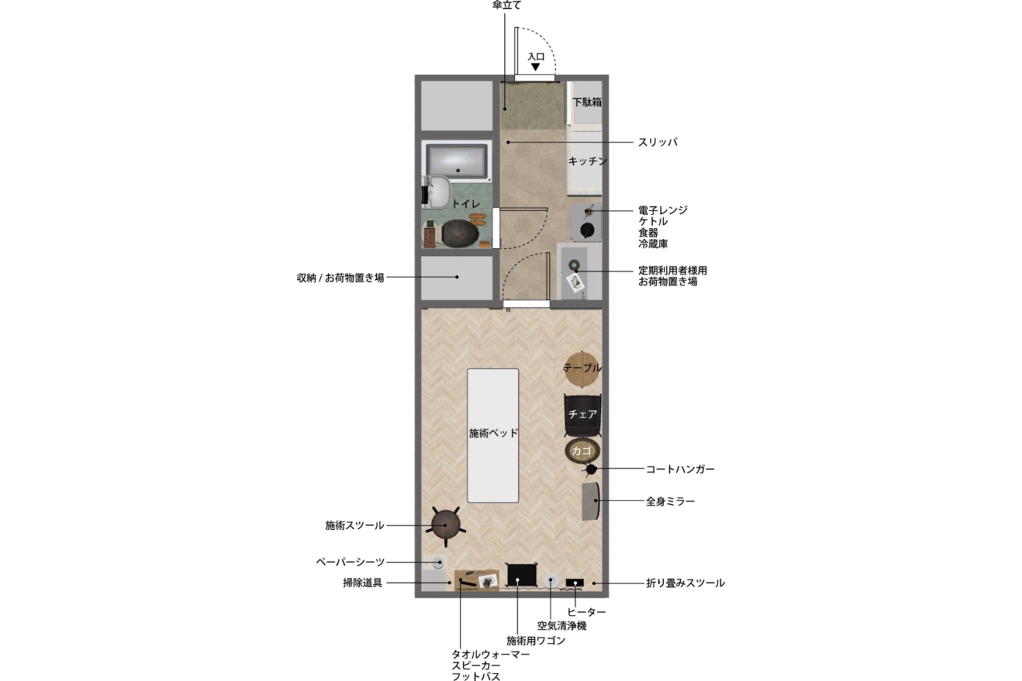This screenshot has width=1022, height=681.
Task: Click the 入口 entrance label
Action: (x=536, y=57)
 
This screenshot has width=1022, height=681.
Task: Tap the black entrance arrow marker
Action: (x=536, y=67)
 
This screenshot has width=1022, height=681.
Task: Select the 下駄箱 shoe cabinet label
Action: (x=587, y=102)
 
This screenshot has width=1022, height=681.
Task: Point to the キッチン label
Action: (x=587, y=161)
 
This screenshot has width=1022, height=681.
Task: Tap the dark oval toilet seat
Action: (x=460, y=232)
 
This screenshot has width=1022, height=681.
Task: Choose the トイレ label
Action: (x=466, y=204)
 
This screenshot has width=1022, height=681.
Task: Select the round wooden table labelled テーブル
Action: (x=582, y=368)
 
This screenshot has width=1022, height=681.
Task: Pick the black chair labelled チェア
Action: (x=583, y=414)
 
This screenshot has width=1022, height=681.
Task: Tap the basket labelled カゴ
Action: (x=581, y=451)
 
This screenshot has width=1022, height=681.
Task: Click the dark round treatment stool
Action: (x=446, y=524)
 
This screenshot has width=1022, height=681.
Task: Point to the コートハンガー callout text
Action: (x=680, y=469)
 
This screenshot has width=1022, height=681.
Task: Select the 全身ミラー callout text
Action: (x=670, y=502)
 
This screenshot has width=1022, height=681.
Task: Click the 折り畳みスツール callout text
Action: (x=685, y=583)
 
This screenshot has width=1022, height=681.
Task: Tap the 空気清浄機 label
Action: (x=561, y=626)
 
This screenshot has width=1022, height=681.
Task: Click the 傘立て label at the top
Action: (x=507, y=5)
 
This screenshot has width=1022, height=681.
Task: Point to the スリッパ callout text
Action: (x=657, y=142)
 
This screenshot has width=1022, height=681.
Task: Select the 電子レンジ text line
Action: (x=662, y=210)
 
